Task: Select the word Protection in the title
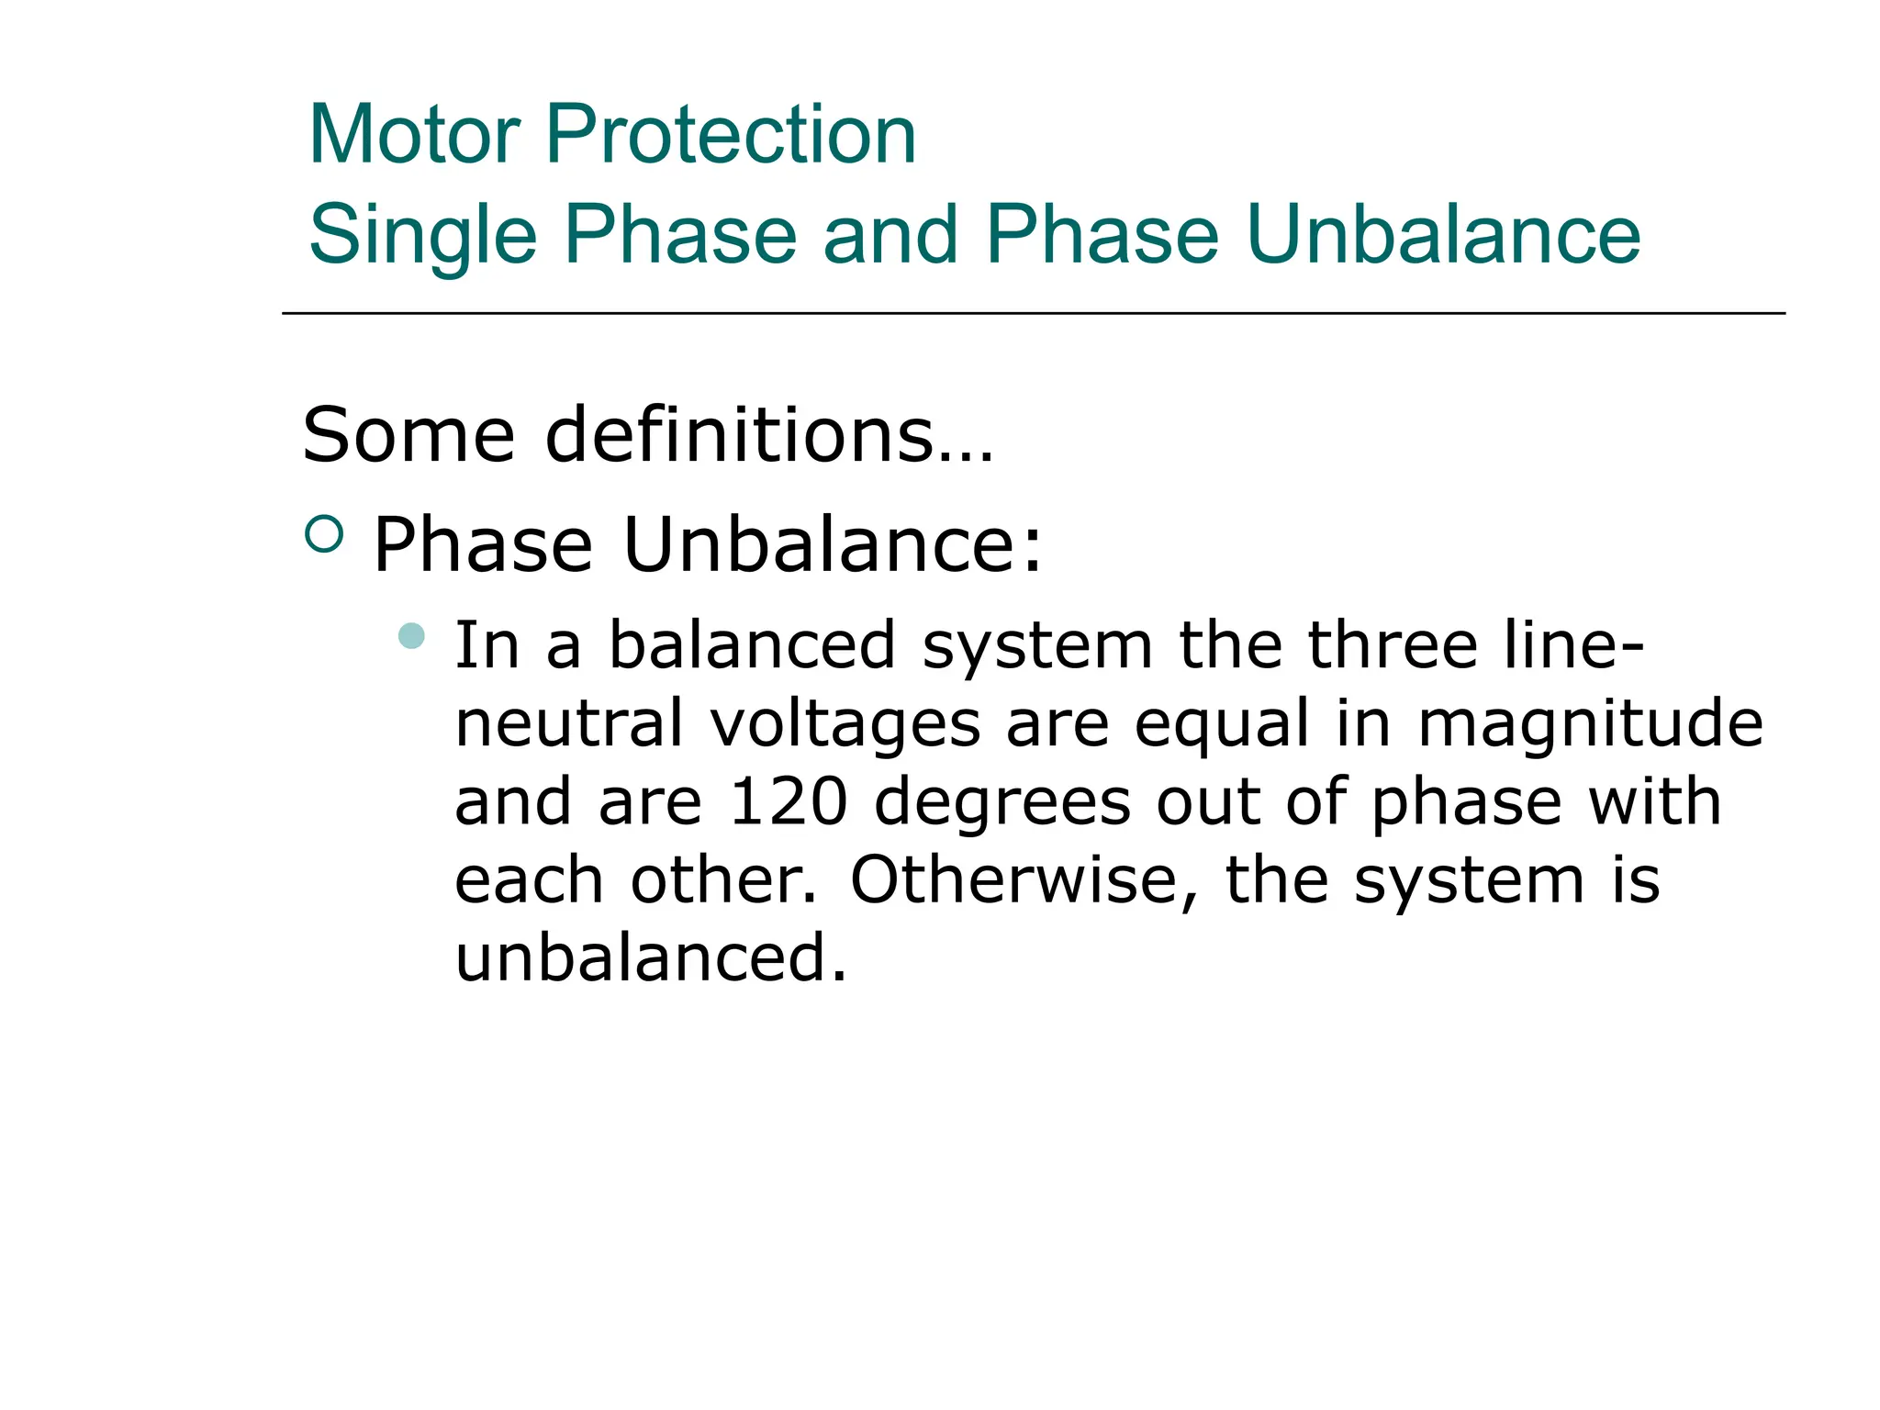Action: (x=731, y=135)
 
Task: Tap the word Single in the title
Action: (x=422, y=235)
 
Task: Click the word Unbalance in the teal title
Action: (x=1443, y=235)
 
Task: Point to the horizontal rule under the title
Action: (x=1033, y=314)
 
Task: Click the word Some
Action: (x=408, y=435)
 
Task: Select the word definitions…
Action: (x=769, y=435)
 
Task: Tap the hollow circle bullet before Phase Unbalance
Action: (x=323, y=534)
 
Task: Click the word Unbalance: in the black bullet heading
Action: (x=834, y=545)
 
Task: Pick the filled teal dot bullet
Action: (x=412, y=635)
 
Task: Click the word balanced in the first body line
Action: (x=752, y=644)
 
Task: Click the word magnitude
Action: (x=1590, y=723)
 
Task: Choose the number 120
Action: (x=788, y=802)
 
